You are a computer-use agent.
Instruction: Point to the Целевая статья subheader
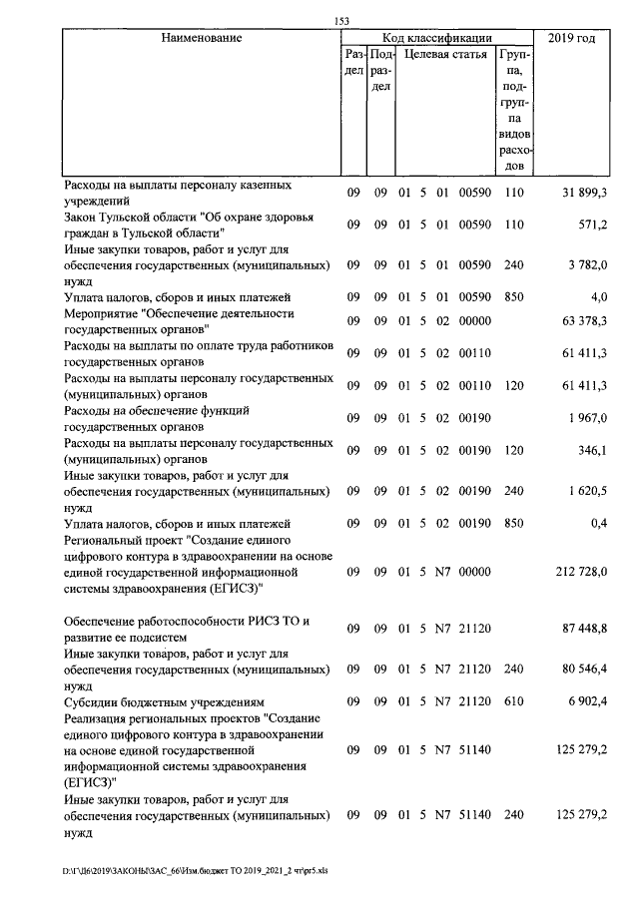coord(445,54)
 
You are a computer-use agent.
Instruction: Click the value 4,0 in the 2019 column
coord(599,296)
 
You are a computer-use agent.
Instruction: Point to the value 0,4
coord(599,522)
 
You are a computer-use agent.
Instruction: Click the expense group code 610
coord(514,701)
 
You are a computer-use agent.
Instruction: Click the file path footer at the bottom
coord(195,870)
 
